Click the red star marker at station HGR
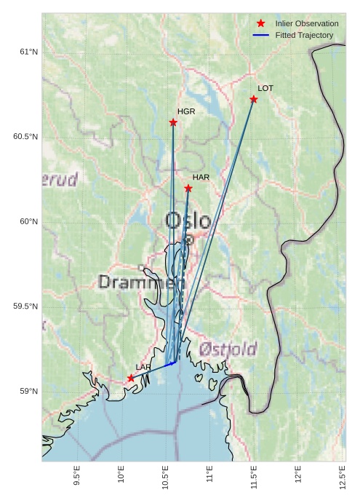(x=173, y=122)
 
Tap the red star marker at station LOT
(x=254, y=99)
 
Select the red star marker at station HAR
(x=188, y=189)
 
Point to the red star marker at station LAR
(x=131, y=378)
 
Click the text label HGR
(x=186, y=111)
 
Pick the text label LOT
(x=265, y=88)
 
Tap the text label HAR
(x=201, y=177)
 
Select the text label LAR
(x=143, y=368)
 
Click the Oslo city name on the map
(x=188, y=221)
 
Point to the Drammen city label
(x=137, y=282)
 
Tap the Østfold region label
(x=229, y=349)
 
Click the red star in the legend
(x=261, y=24)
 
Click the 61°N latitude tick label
(x=28, y=52)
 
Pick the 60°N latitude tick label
(x=28, y=222)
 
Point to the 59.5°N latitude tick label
(x=25, y=306)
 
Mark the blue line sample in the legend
(x=261, y=35)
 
